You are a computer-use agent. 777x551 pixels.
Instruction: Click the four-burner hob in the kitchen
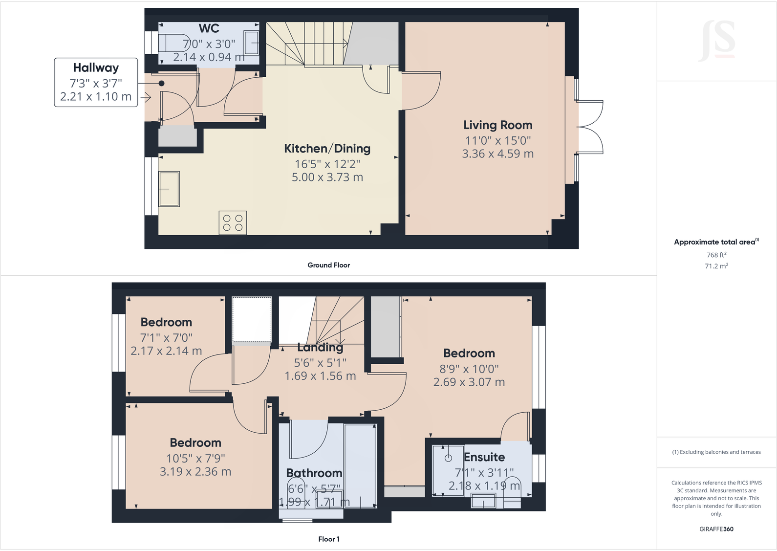pos(233,223)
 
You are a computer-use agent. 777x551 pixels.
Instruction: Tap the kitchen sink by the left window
pos(169,189)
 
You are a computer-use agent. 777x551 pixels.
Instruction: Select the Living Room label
pos(497,125)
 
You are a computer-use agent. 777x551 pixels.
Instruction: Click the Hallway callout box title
pos(96,68)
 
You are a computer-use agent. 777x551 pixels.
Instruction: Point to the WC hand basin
pos(252,43)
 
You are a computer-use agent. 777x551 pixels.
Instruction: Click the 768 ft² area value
pos(716,255)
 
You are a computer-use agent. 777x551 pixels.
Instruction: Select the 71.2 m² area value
pos(716,266)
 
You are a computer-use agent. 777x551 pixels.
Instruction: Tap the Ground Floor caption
pos(328,265)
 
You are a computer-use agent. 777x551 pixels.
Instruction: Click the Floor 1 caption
pos(328,539)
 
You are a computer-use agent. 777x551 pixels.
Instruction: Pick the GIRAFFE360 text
pos(716,529)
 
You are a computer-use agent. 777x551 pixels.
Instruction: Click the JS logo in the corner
pos(717,40)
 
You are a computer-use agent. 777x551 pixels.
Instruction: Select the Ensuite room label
pos(484,457)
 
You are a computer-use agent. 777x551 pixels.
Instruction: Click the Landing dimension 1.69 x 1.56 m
pos(320,376)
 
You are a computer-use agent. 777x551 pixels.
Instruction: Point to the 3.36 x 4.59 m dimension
pos(497,154)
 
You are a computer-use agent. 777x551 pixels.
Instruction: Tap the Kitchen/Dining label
pos(327,149)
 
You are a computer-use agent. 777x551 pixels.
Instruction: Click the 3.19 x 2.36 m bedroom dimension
pos(195,472)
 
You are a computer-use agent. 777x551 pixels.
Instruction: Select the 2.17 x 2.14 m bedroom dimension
pos(166,351)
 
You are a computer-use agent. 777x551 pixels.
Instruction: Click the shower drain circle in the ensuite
pos(448,458)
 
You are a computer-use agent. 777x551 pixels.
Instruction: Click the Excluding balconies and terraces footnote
pos(716,452)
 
